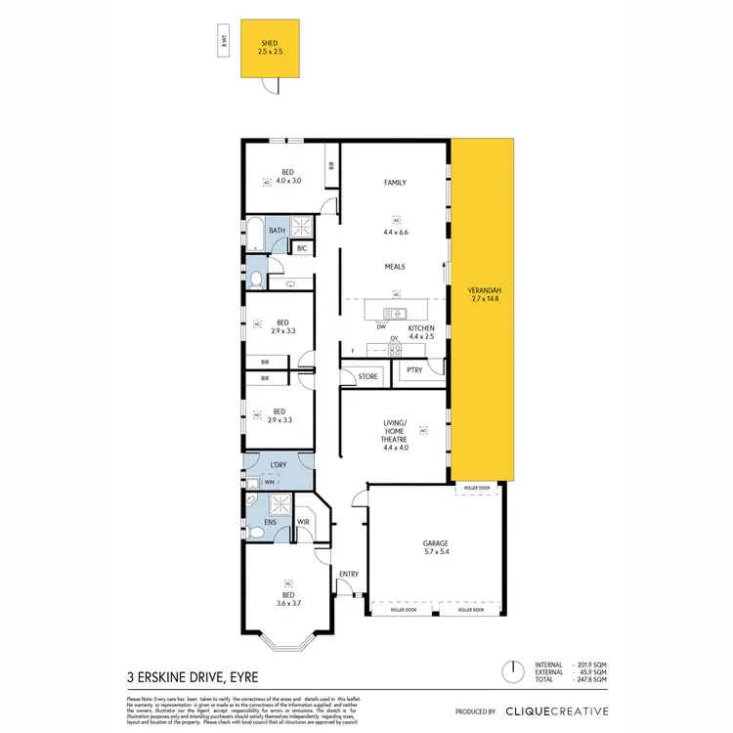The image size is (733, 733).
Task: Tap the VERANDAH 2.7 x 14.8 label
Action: (485, 295)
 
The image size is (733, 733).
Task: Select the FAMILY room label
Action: (395, 183)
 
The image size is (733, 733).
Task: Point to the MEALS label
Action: (395, 266)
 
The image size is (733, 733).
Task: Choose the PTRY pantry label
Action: (414, 370)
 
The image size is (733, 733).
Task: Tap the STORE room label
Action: (367, 376)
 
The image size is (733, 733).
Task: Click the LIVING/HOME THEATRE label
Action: (395, 436)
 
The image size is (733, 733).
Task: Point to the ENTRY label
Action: (348, 574)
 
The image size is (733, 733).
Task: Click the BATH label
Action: (277, 231)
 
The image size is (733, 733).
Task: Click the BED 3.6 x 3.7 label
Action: (288, 600)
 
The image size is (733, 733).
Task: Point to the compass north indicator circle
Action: (508, 672)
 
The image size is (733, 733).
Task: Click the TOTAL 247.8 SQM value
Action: (592, 681)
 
